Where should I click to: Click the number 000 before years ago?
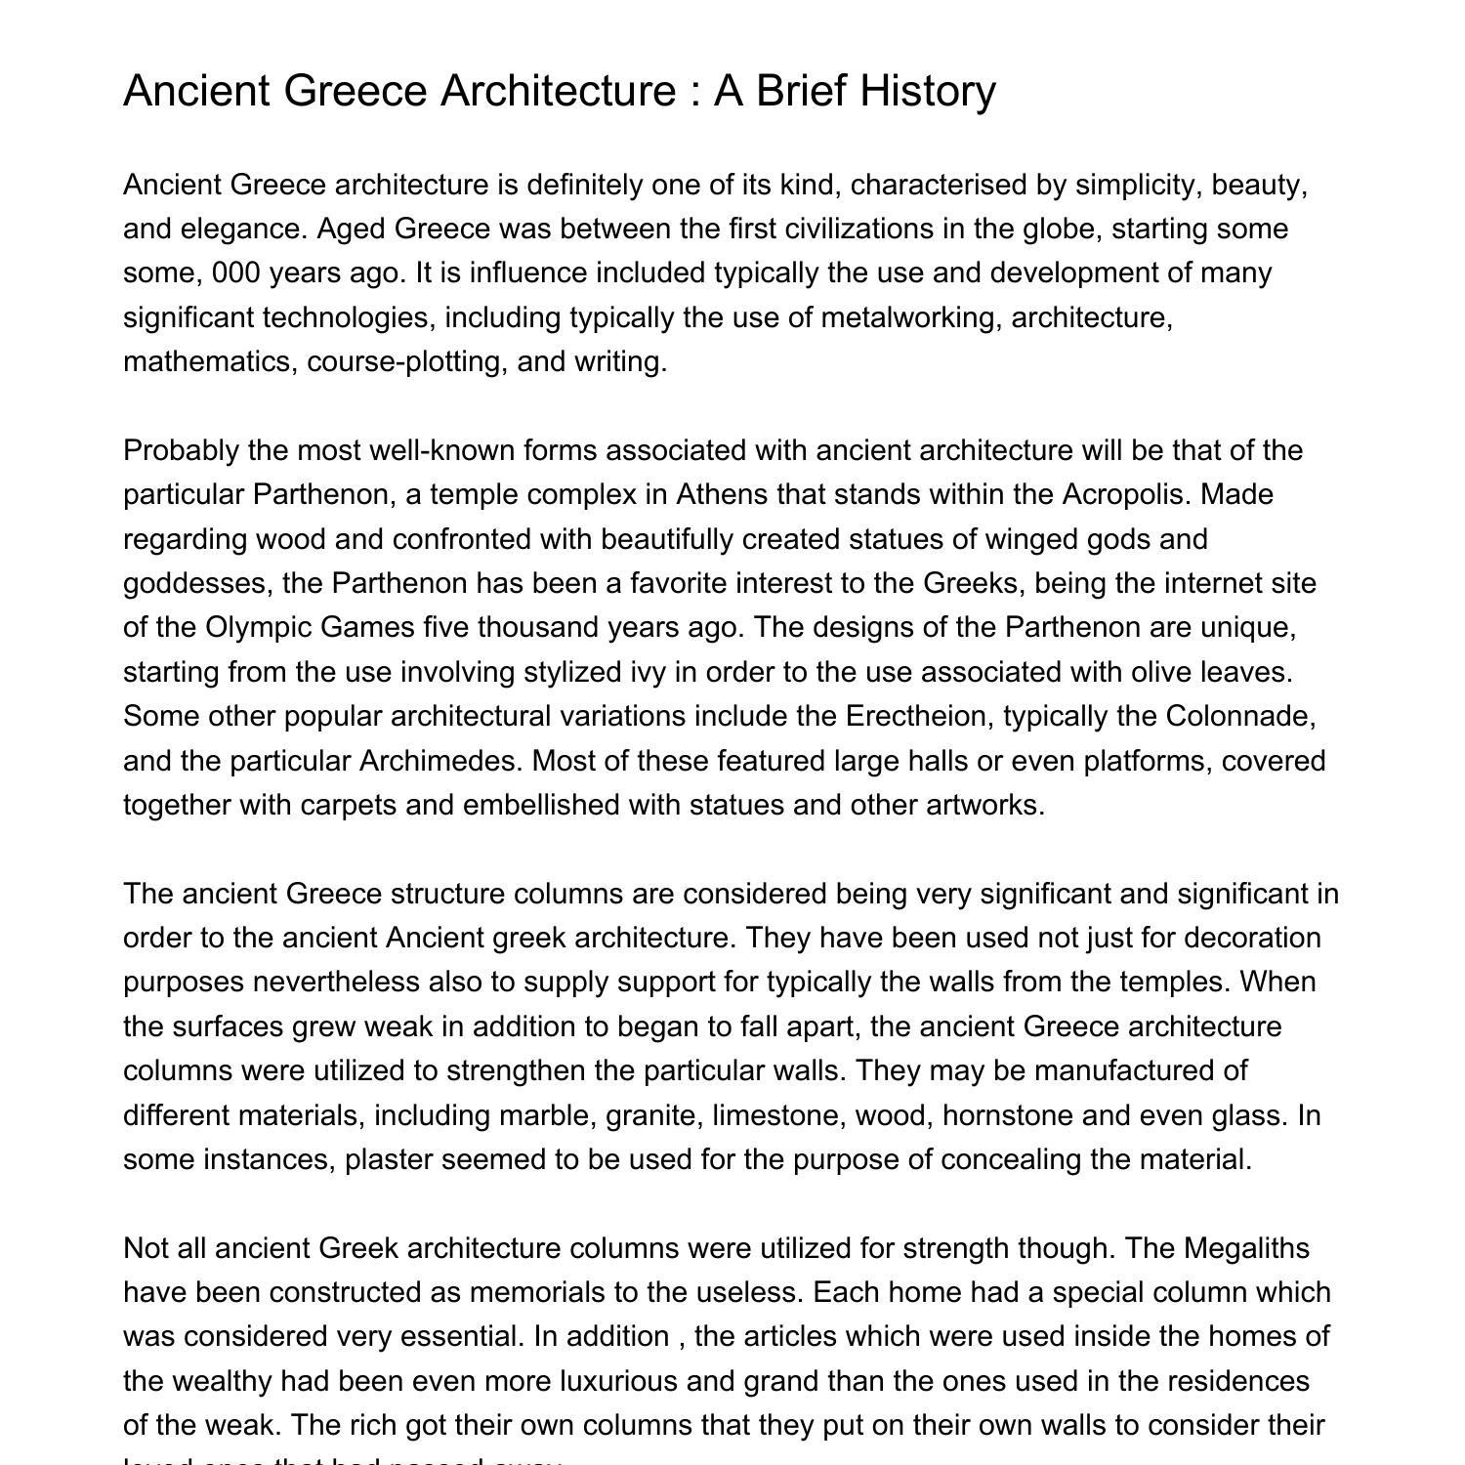coord(235,272)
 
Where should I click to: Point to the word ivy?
coord(634,672)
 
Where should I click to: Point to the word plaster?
coord(389,1159)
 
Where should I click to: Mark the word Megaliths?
coord(1246,1248)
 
